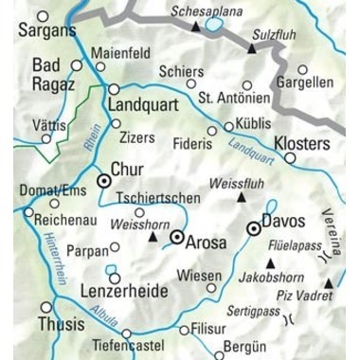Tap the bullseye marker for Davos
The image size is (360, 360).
coord(253,228)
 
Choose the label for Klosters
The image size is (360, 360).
coord(302,144)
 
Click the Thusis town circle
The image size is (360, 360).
coord(46,307)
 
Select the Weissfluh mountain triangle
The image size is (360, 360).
coord(241,197)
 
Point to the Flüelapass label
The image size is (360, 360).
coord(294,243)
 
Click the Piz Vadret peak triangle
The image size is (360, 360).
coord(329,282)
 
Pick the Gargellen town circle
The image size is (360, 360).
coord(303,69)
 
